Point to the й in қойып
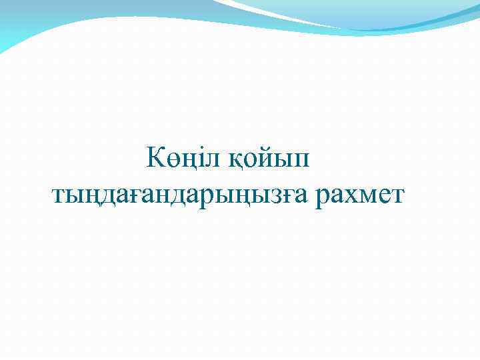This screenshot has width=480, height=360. (x=268, y=159)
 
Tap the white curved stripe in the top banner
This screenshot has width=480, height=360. (x=280, y=15)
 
